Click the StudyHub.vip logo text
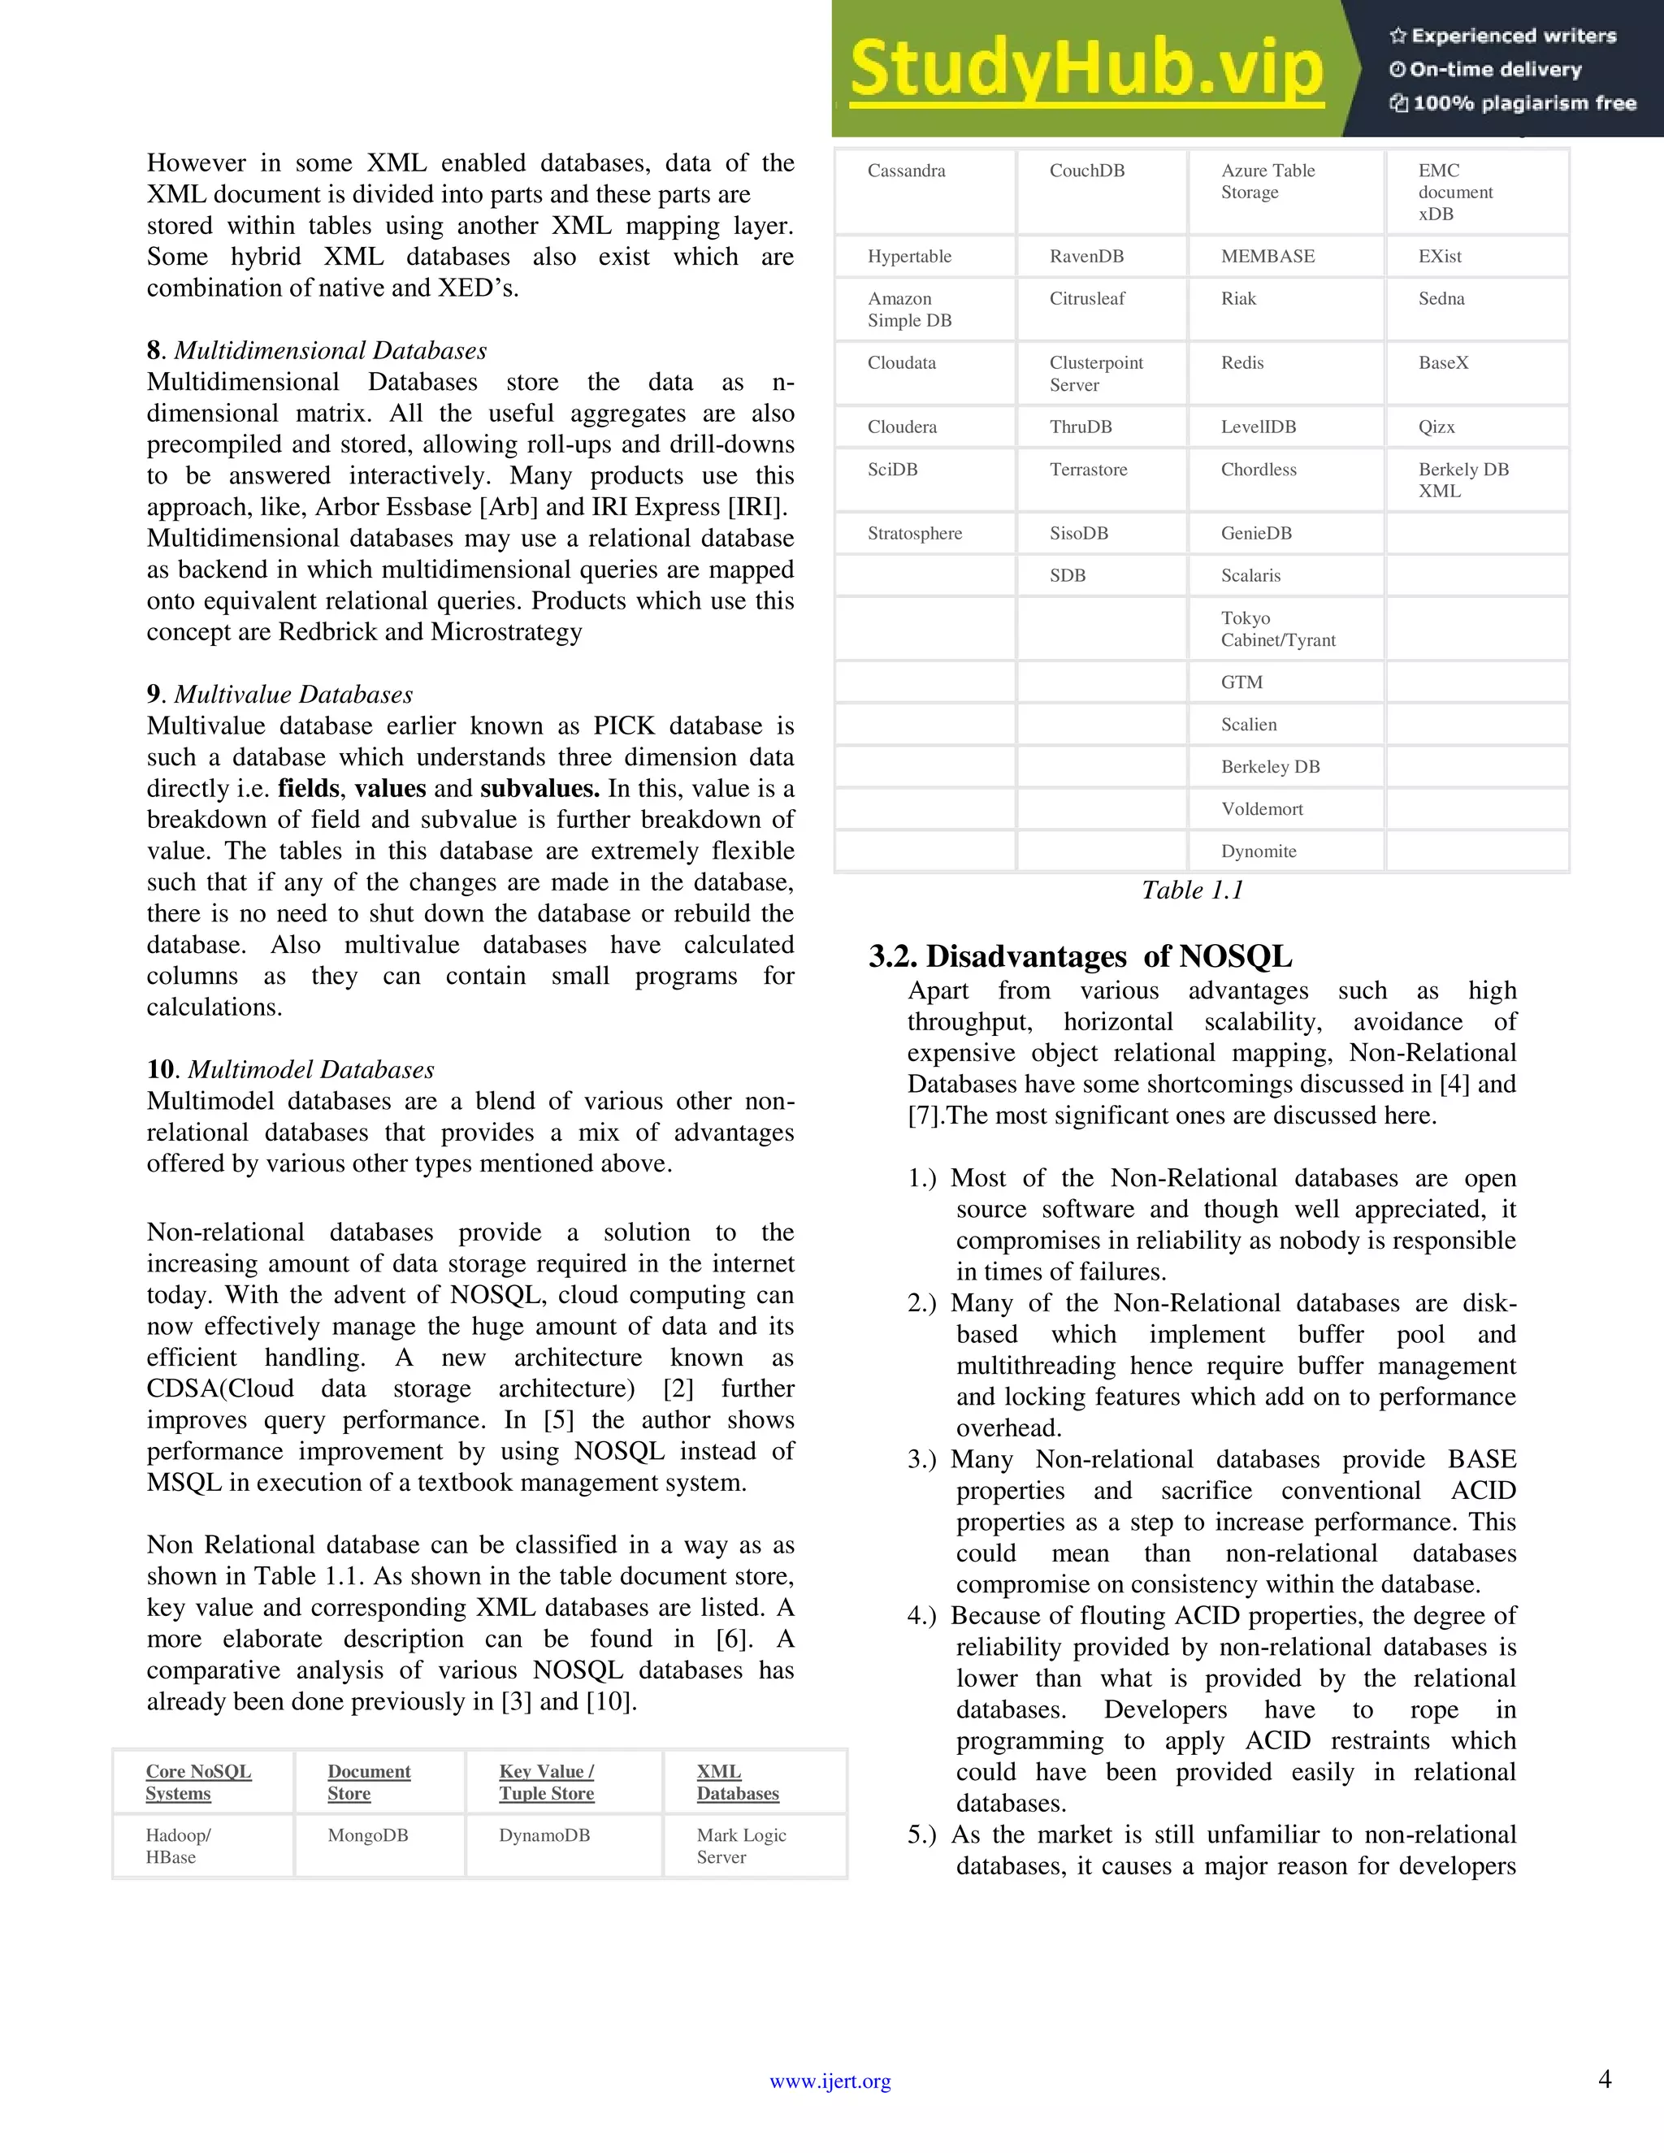click(1085, 70)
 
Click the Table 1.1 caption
click(1192, 890)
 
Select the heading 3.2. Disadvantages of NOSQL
click(1080, 956)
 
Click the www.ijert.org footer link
click(830, 2081)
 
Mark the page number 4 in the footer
click(1604, 2079)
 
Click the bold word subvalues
click(539, 789)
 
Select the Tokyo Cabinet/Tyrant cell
click(1277, 629)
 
